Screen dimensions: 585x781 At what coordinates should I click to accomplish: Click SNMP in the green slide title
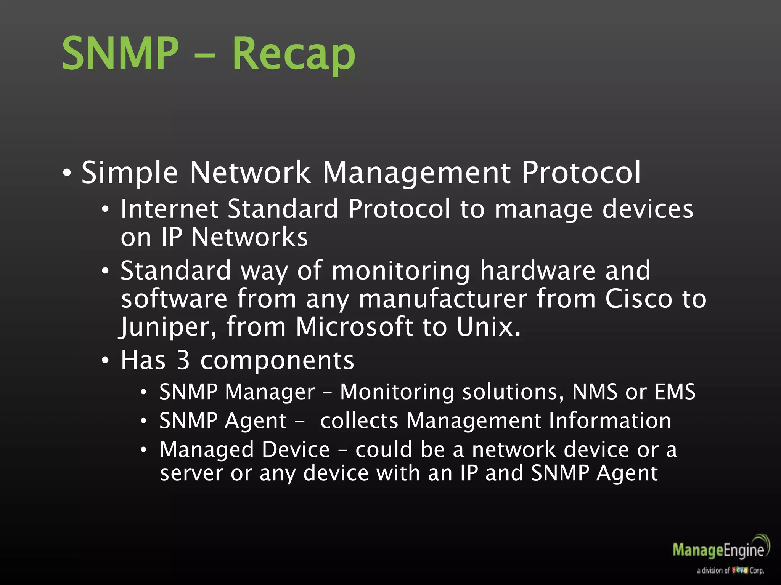tap(120, 53)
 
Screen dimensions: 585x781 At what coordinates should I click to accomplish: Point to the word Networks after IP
tap(249, 237)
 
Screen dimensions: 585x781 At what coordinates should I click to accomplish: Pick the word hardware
tap(537, 270)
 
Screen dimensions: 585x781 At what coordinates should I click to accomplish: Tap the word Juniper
tap(168, 327)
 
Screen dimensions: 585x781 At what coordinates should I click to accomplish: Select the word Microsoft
tap(354, 327)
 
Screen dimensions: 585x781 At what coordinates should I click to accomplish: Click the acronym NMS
tap(595, 392)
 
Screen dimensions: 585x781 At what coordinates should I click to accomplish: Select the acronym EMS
tap(675, 392)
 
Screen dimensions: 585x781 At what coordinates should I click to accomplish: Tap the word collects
tap(359, 420)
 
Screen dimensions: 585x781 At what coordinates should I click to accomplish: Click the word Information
tap(610, 420)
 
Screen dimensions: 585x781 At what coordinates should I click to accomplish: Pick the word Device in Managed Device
tap(296, 449)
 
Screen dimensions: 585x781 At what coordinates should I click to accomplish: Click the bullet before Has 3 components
tap(106, 360)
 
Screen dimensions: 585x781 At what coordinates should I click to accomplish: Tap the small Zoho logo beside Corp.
tap(740, 571)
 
